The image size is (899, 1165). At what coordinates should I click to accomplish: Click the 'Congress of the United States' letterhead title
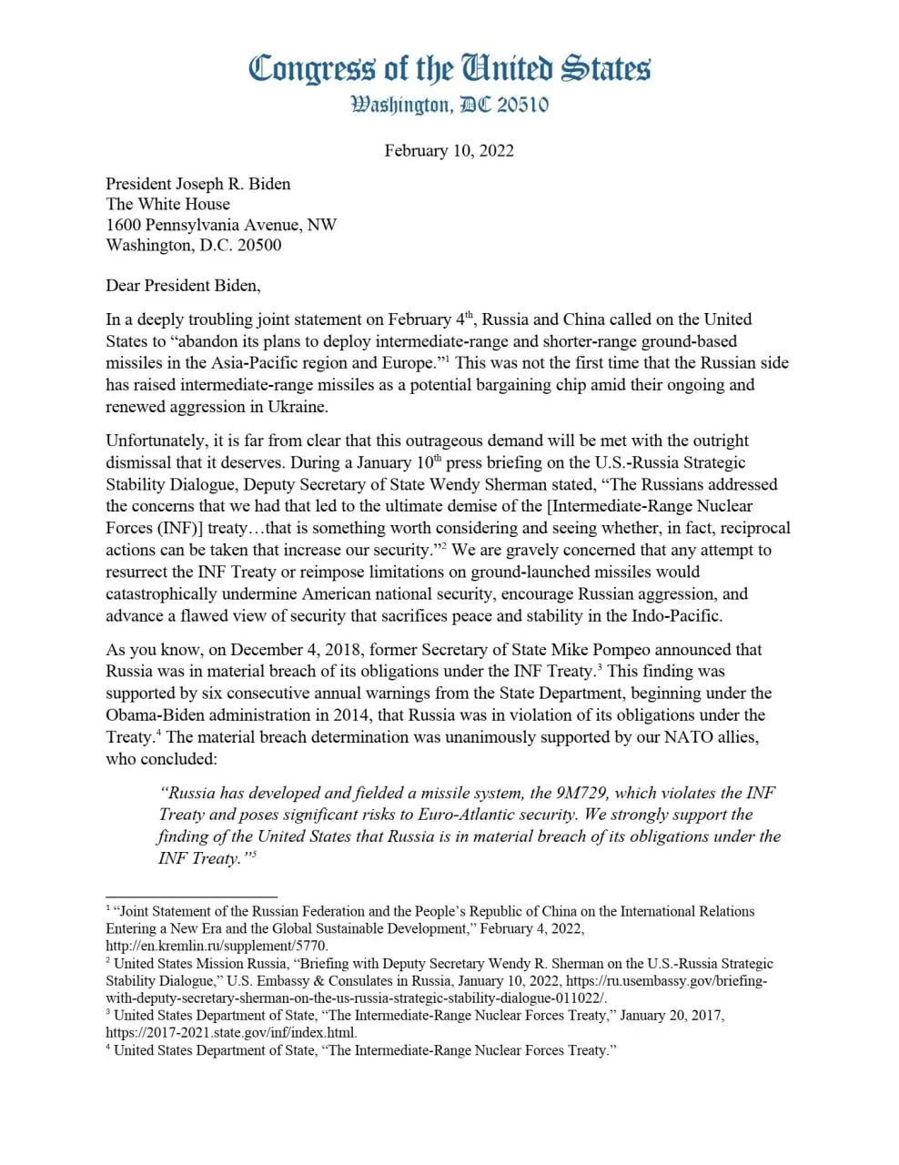click(449, 68)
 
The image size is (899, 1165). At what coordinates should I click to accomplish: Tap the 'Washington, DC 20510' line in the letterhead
click(449, 105)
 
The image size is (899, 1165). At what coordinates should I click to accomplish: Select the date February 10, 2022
click(449, 150)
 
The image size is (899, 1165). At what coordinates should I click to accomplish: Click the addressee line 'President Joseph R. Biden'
click(198, 183)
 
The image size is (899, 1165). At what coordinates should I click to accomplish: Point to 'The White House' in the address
click(167, 204)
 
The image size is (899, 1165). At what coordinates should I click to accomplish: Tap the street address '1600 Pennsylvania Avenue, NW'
click(221, 224)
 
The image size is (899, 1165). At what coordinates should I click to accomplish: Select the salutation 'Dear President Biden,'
click(183, 285)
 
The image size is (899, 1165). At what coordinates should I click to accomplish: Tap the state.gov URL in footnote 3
click(231, 1033)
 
